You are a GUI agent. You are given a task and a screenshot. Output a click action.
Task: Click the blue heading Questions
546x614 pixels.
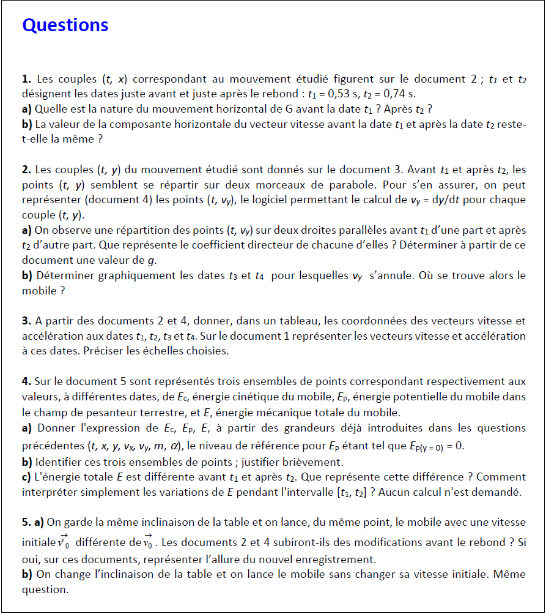click(x=65, y=25)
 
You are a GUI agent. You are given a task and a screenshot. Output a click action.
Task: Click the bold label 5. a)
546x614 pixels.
click(x=33, y=522)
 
